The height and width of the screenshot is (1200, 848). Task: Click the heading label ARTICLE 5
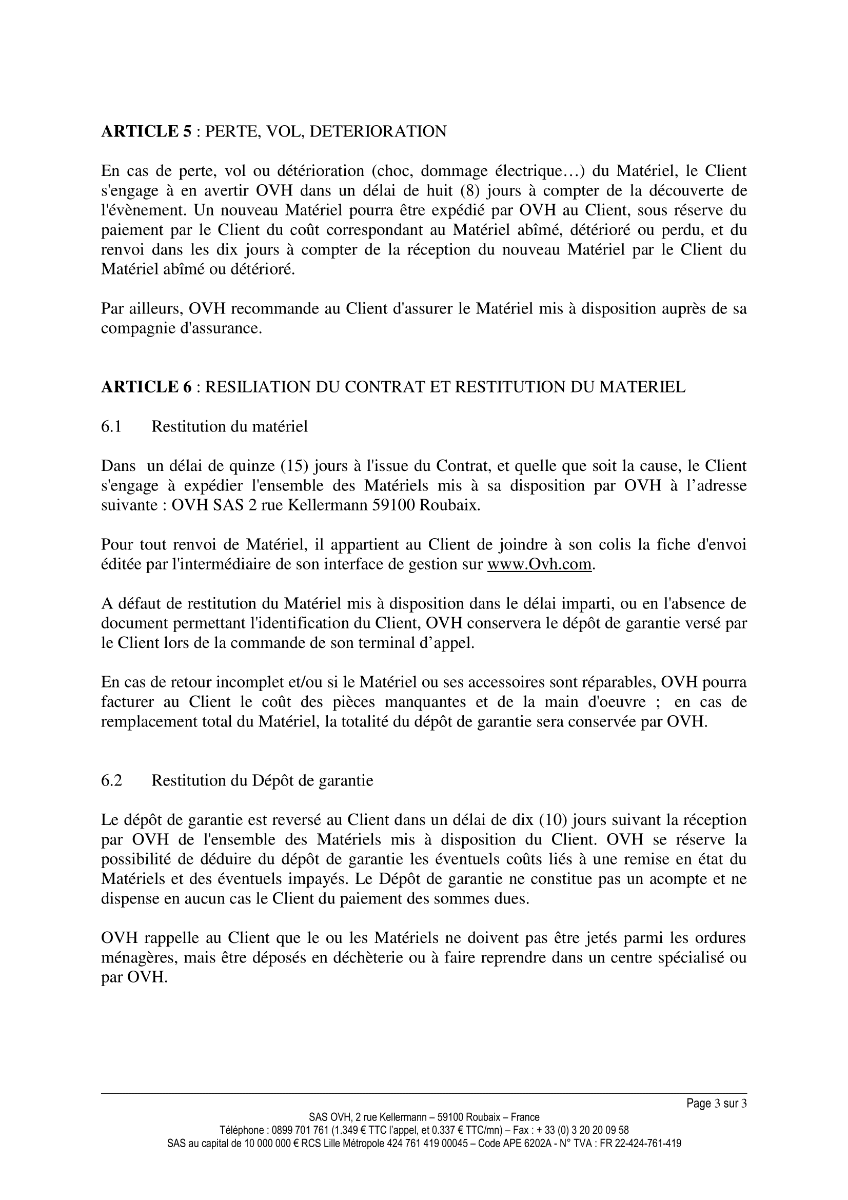[x=146, y=131]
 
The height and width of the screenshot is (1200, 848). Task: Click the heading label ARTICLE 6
[x=146, y=387]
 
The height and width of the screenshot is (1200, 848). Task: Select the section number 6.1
[x=111, y=426]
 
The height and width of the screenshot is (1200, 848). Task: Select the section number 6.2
[x=111, y=780]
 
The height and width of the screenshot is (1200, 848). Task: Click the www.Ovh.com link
[x=540, y=564]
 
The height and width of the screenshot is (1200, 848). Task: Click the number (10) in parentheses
[x=554, y=819]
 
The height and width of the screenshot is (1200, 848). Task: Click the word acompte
[x=678, y=878]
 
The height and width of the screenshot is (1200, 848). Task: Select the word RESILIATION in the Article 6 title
[x=264, y=387]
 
